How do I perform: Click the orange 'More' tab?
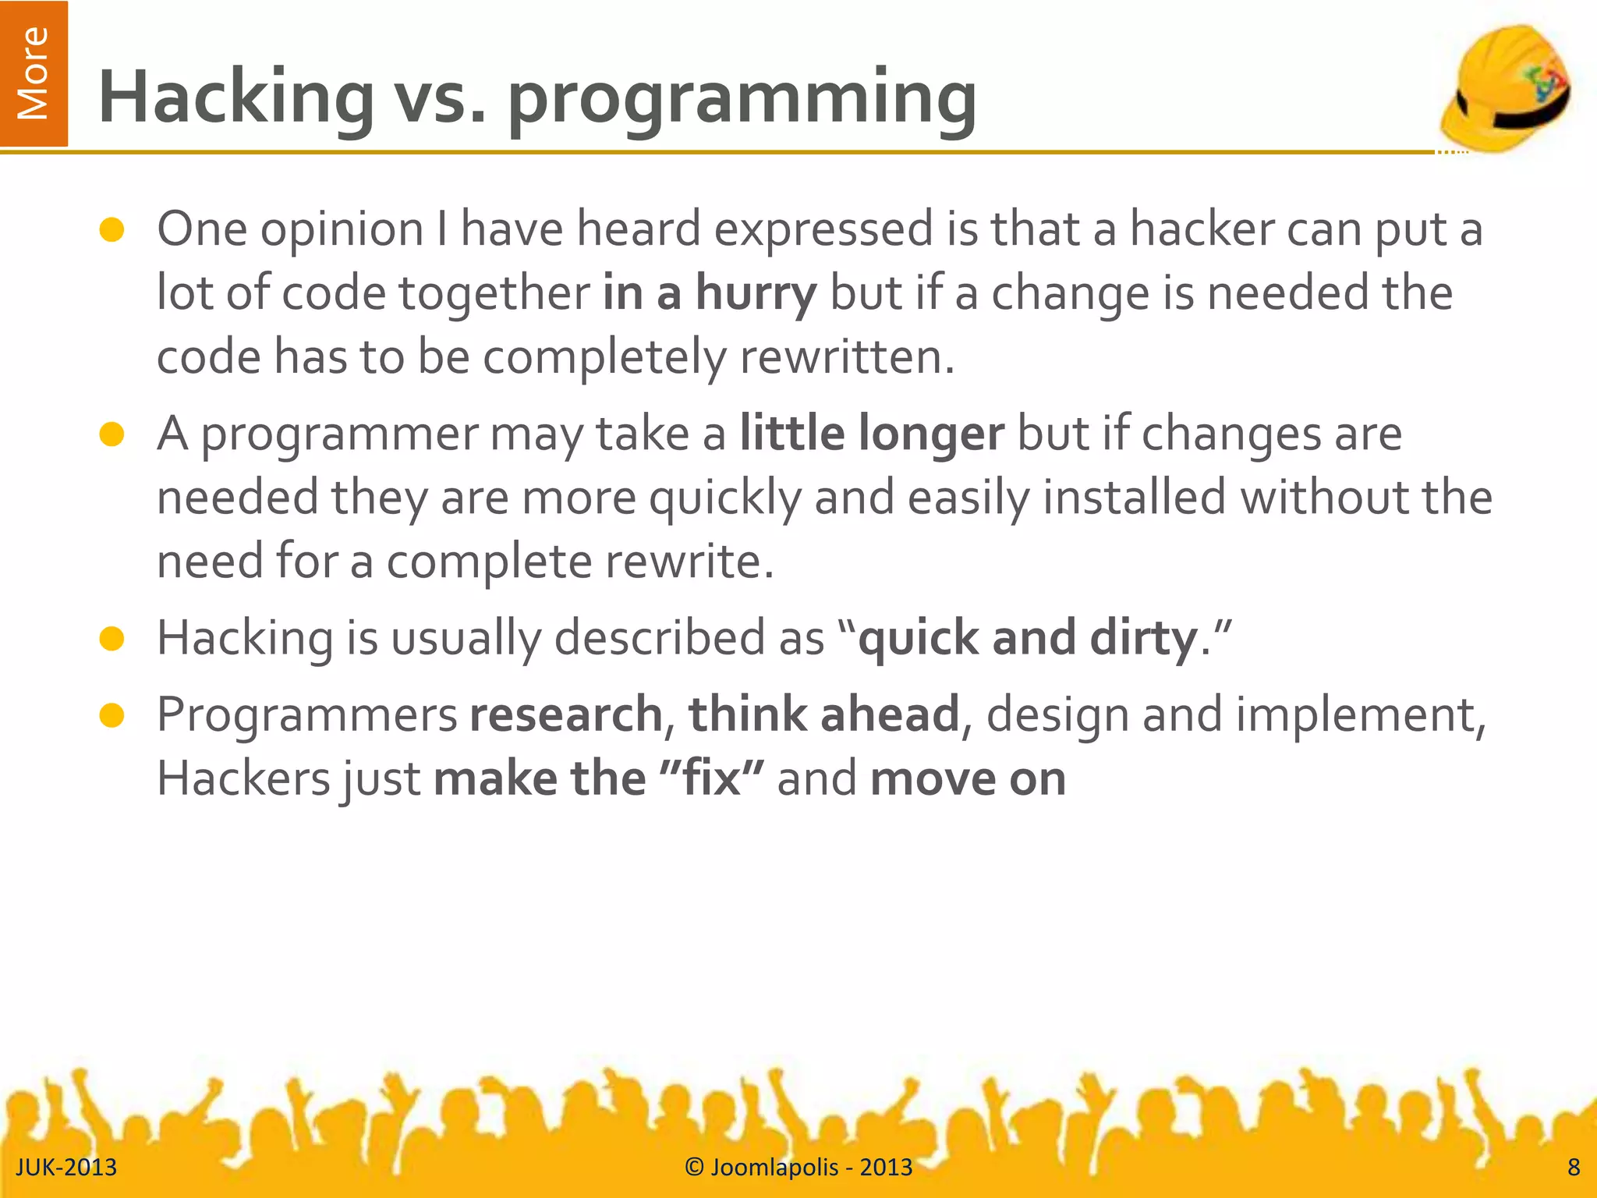tap(34, 73)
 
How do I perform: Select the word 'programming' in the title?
tap(742, 98)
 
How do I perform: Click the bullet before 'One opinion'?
tap(112, 230)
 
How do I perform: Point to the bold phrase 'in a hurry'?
tap(709, 293)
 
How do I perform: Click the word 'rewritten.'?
tap(847, 357)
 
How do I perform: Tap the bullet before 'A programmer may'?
tap(112, 434)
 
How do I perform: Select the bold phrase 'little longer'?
tap(871, 434)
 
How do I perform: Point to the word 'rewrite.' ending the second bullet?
tap(689, 562)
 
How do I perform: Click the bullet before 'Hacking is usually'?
tap(112, 639)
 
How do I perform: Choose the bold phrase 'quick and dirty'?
tap(1027, 638)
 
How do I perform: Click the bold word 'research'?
tap(565, 714)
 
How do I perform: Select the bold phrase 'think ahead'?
tap(823, 714)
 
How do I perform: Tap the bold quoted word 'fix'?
tap(711, 778)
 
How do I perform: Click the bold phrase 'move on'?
tap(968, 778)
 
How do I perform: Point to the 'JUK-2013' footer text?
tap(66, 1167)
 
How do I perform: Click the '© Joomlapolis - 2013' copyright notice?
tap(798, 1167)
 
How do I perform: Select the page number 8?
tap(1574, 1167)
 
